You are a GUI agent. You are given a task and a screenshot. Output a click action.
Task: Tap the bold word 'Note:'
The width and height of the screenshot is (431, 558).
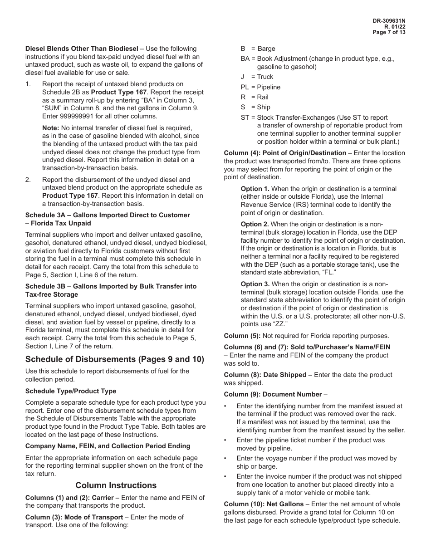point(51,128)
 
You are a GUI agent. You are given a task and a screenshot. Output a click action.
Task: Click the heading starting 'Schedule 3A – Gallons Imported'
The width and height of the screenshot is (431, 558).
point(108,215)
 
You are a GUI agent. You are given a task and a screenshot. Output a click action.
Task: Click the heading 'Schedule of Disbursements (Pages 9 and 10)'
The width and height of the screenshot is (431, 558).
point(115,359)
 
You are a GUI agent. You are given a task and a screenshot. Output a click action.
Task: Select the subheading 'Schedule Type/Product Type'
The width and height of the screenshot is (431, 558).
point(71,391)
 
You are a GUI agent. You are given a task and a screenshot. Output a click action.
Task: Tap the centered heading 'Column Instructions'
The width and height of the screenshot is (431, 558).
point(116,485)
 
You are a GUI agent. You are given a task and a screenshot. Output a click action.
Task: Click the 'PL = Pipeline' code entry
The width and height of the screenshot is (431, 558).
point(260,87)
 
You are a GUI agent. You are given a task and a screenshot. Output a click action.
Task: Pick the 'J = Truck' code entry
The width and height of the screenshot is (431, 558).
point(257,77)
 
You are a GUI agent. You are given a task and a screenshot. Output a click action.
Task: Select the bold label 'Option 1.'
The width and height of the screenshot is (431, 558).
point(255,189)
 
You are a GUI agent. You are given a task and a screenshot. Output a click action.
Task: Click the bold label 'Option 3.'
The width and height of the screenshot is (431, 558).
point(255,284)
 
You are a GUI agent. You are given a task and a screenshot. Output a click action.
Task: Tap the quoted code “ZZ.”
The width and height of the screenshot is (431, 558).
point(282,324)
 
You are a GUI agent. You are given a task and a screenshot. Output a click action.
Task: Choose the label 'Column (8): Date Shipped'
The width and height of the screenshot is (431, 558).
point(265,375)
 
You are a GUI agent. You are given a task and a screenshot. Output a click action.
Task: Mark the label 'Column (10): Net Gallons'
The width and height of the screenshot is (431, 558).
point(264,504)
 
